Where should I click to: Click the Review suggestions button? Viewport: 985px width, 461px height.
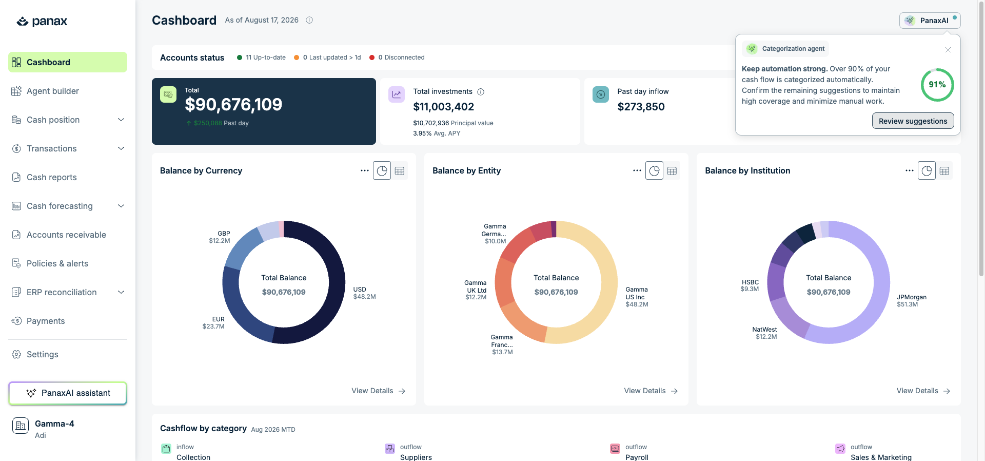coord(913,121)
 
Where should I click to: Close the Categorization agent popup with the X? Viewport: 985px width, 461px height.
coord(948,50)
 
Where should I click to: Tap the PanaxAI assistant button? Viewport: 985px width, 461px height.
coord(68,393)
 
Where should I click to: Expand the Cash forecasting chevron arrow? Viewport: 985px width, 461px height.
coord(121,206)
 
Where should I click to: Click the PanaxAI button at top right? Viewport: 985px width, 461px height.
coord(930,21)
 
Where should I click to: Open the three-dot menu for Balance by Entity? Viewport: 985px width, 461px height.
coord(637,170)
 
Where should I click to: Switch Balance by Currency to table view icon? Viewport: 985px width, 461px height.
coord(400,171)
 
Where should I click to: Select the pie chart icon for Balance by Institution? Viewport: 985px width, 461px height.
coord(927,171)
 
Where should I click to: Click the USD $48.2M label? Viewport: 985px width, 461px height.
coord(365,293)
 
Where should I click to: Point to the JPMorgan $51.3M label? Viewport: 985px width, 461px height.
coord(912,301)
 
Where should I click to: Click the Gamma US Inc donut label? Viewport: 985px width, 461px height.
coord(637,297)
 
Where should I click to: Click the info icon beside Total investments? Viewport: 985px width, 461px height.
coord(481,92)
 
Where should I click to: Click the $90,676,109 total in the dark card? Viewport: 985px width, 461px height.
coord(233,105)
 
